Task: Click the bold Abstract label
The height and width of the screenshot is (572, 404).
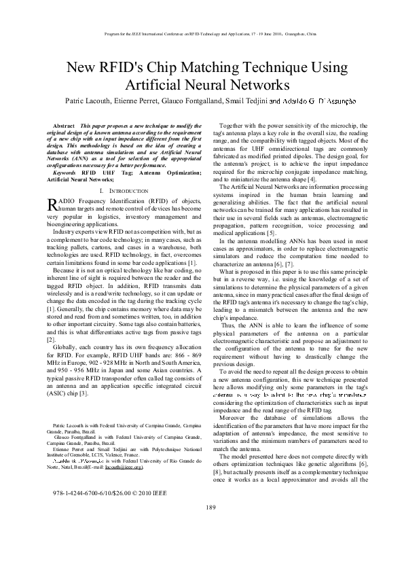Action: [x=64, y=126]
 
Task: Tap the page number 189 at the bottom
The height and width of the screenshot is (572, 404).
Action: [x=210, y=526]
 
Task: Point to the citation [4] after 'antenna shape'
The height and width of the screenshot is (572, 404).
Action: [x=273, y=179]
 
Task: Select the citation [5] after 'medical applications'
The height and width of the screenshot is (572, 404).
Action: [x=271, y=233]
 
